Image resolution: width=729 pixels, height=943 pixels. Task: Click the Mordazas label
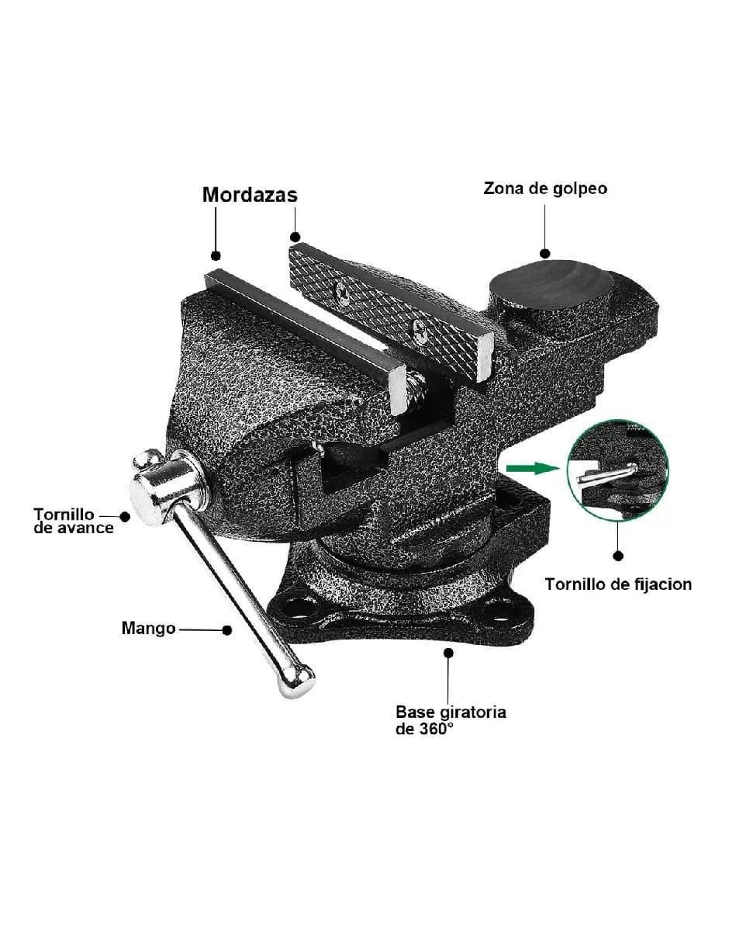point(250,195)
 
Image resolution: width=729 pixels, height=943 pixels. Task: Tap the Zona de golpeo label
point(545,189)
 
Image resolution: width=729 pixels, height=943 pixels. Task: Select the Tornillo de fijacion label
point(618,584)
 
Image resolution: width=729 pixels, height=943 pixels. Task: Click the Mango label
point(148,629)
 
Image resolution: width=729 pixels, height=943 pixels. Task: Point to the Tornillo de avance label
point(74,521)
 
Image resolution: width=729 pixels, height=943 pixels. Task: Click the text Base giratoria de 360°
point(451,720)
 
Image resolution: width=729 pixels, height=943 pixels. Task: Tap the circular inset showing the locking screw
point(617,470)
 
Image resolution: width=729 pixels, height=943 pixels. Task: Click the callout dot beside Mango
point(226,629)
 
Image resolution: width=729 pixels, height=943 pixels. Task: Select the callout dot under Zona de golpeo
point(544,254)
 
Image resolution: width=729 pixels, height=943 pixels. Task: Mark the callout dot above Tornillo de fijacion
point(618,556)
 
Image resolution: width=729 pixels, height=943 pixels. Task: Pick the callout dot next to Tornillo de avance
point(125,516)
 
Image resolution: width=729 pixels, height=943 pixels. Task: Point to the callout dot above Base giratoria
point(448,665)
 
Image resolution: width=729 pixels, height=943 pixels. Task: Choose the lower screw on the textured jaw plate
point(420,332)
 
